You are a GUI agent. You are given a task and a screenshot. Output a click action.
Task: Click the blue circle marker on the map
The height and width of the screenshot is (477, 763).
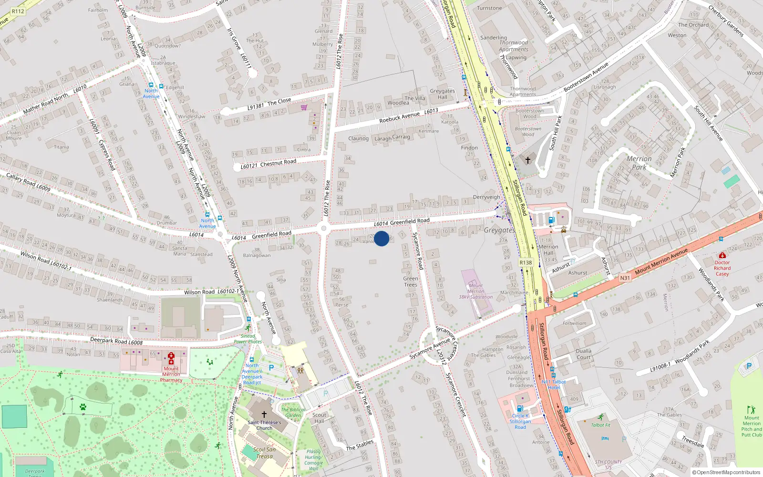(381, 238)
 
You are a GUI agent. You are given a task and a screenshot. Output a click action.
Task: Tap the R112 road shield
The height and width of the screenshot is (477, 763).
(18, 11)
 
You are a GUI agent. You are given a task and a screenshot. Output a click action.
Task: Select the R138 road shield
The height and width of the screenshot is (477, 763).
(526, 263)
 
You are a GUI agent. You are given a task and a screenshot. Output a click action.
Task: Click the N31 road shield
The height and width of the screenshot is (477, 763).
(625, 278)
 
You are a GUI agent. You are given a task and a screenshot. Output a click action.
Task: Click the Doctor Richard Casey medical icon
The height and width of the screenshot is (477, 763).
(722, 256)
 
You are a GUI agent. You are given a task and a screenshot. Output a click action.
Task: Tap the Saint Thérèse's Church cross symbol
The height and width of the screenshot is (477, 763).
(264, 415)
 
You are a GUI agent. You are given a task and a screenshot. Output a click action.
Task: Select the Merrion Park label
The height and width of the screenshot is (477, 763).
(639, 163)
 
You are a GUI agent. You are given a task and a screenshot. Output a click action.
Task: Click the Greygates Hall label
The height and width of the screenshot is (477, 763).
(443, 94)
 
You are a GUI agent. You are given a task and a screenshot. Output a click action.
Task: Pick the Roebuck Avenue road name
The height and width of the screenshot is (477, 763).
(400, 117)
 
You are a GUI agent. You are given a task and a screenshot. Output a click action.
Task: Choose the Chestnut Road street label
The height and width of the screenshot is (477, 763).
(278, 162)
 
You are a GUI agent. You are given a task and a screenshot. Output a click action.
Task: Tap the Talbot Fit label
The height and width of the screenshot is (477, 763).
(600, 425)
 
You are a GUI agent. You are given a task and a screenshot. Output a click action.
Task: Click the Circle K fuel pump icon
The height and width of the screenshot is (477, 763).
(520, 408)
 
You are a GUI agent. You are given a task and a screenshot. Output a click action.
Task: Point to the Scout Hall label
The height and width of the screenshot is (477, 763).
(319, 418)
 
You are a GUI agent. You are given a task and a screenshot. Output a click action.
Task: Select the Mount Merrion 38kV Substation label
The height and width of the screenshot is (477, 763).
(475, 291)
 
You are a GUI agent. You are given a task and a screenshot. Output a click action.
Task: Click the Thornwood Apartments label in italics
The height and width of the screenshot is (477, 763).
(514, 46)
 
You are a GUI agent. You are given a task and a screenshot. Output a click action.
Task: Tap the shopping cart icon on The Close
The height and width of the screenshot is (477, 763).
(304, 107)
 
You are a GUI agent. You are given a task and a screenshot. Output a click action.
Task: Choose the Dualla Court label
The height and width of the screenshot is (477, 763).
(584, 354)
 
